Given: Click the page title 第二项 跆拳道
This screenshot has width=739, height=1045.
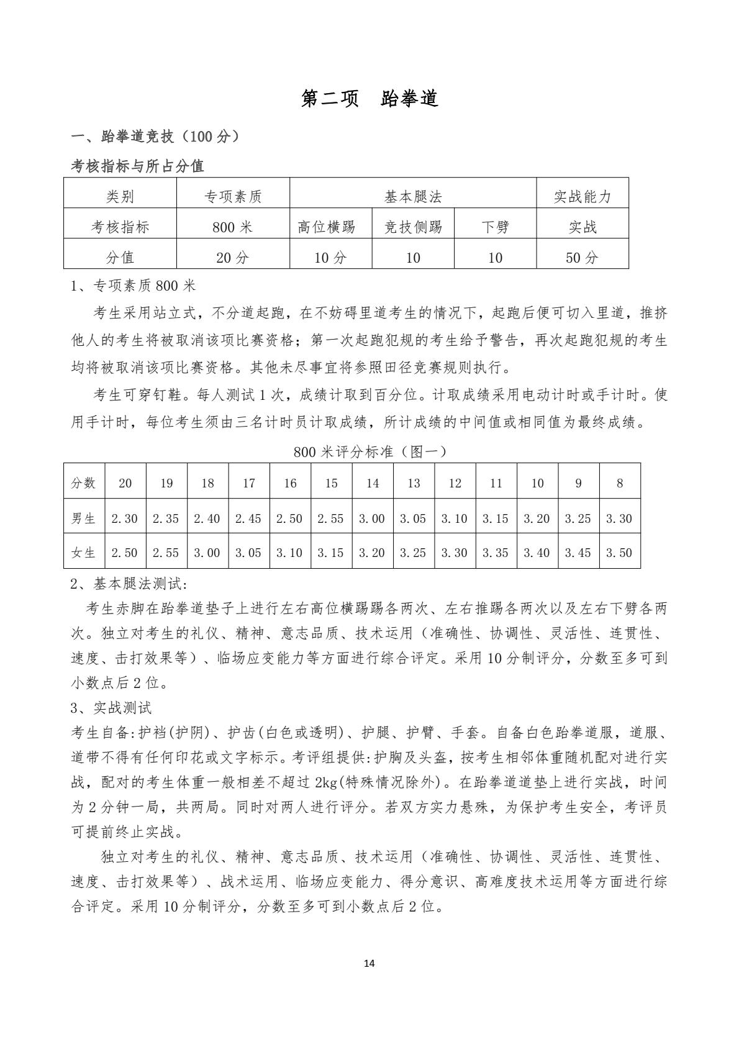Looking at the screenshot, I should pyautogui.click(x=369, y=98).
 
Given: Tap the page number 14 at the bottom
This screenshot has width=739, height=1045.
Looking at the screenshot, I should pyautogui.click(x=369, y=963).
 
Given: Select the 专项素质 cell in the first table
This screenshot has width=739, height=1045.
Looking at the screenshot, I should pyautogui.click(x=233, y=197).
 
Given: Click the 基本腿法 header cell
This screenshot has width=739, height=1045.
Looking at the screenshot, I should pyautogui.click(x=413, y=197).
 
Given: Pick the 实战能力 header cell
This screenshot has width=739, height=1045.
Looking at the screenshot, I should pyautogui.click(x=583, y=197).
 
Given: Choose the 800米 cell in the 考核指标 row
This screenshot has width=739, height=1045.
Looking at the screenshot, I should pyautogui.click(x=233, y=227).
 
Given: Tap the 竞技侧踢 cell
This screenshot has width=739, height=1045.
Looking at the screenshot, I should pyautogui.click(x=413, y=227).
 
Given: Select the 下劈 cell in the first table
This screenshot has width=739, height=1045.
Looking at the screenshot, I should pyautogui.click(x=495, y=227).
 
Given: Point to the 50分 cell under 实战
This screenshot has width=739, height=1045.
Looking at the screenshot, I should pyautogui.click(x=583, y=258).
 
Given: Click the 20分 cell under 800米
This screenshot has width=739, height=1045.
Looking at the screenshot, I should pyautogui.click(x=233, y=258).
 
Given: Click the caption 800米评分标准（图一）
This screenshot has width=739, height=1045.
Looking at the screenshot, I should pyautogui.click(x=369, y=451).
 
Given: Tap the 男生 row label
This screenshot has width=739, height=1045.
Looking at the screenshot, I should pyautogui.click(x=84, y=518).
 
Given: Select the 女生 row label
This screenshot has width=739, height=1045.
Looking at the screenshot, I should pyautogui.click(x=84, y=552).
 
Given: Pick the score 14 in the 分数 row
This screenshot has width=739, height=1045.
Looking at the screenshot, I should pyautogui.click(x=372, y=483).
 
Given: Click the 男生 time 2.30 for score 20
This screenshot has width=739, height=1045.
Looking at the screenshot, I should pyautogui.click(x=125, y=518).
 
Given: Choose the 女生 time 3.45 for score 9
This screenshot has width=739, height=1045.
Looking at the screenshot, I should pyautogui.click(x=578, y=552).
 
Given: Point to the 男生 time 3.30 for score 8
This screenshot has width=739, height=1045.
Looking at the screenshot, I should pyautogui.click(x=619, y=518).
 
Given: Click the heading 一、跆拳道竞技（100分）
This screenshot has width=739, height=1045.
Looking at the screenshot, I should pyautogui.click(x=155, y=137).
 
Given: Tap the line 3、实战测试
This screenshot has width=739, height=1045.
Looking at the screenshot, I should pyautogui.click(x=111, y=708).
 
